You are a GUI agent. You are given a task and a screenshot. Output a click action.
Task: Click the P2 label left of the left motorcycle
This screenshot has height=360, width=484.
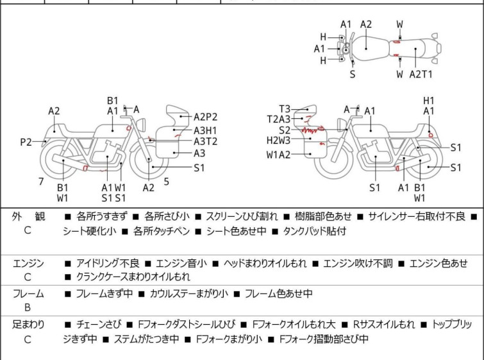coord(25,142)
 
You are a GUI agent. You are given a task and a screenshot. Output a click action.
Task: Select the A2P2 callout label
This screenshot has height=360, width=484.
coord(206,117)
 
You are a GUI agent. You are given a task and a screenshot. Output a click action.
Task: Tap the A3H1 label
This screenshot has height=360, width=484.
coord(205,130)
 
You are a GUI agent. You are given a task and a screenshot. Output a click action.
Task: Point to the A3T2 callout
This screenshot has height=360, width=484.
coord(205,142)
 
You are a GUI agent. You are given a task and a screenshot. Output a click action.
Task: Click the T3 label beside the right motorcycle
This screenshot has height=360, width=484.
coord(284,108)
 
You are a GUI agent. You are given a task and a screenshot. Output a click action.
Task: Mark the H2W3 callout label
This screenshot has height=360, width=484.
coord(279,141)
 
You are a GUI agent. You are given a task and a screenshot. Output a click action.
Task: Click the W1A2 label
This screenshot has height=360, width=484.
coord(279,154)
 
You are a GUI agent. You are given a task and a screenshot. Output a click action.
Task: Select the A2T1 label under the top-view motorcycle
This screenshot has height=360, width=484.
coord(421,74)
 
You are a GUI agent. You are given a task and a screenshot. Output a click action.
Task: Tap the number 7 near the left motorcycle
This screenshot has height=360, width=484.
coord(41,182)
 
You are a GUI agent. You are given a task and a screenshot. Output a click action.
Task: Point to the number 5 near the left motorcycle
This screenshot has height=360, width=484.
coord(166,182)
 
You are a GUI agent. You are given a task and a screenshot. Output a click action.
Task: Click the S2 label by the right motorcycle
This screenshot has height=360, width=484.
coord(284,130)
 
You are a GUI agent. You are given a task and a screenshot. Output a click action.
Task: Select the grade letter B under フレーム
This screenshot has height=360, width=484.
coord(27,307)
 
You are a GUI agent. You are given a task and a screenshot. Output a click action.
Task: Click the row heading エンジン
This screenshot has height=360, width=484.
coord(28,263)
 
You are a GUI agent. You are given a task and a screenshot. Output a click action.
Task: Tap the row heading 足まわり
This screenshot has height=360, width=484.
coord(28,325)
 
